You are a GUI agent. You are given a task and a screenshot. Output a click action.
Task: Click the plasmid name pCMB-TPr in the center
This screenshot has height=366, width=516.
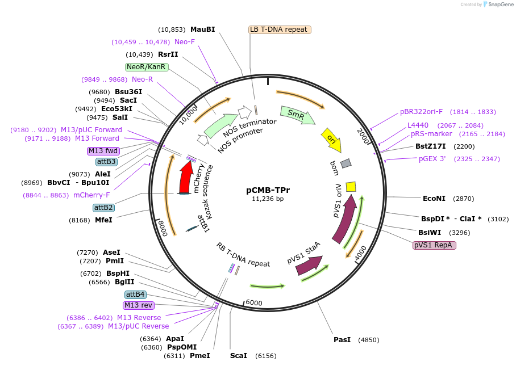(268, 190)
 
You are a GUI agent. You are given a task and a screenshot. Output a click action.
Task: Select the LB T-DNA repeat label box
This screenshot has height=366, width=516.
(280, 30)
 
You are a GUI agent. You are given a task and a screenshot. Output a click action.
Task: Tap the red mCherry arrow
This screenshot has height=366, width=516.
(185, 178)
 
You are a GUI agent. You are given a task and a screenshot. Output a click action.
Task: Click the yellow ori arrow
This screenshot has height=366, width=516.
(332, 140)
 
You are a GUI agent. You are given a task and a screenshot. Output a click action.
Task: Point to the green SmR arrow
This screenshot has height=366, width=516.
(298, 115)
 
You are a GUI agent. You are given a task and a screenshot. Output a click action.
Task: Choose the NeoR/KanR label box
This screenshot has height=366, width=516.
(147, 67)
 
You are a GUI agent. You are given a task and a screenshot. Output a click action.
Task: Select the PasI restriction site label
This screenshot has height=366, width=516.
(342, 340)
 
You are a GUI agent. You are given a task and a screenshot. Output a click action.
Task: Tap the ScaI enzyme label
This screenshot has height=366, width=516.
(239, 356)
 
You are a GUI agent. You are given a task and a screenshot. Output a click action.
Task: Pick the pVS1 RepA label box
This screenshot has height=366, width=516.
(434, 245)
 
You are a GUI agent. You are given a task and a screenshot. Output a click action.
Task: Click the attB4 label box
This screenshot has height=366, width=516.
(136, 295)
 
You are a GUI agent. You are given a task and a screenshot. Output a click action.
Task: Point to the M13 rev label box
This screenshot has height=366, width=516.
(139, 305)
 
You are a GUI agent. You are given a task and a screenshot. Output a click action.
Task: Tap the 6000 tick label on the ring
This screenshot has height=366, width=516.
(254, 303)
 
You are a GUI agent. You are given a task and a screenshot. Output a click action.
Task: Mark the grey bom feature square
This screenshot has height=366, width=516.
(346, 163)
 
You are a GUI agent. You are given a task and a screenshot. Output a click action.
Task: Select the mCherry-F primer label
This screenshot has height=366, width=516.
(91, 195)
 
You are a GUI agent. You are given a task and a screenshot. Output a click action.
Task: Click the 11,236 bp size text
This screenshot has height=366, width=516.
(268, 199)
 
